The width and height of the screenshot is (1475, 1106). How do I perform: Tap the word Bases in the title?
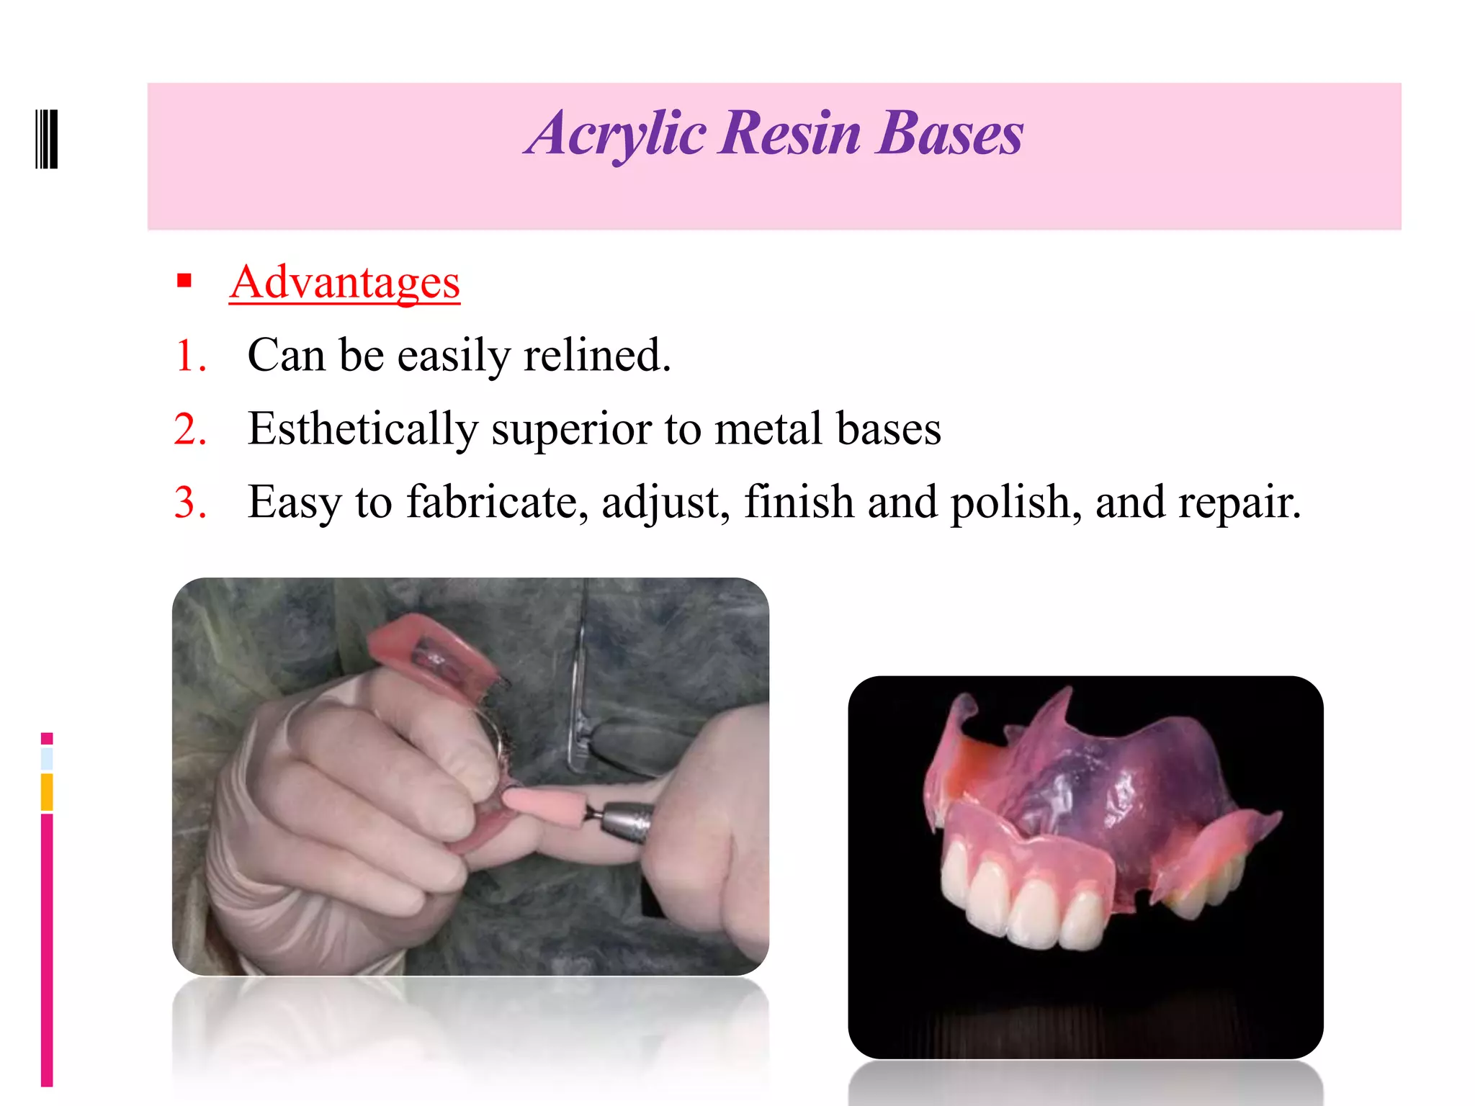pos(950,135)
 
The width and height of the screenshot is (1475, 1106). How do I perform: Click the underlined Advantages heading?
pos(344,282)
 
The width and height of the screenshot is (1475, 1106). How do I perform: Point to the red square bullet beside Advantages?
pos(184,281)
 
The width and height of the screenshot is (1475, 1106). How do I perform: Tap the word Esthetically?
pos(362,429)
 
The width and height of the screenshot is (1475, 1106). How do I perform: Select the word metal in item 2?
pos(768,429)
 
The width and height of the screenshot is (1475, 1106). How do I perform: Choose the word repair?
pos(1239,503)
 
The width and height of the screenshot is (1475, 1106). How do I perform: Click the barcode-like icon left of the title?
pos(46,139)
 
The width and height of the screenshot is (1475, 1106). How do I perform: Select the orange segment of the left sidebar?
pos(47,792)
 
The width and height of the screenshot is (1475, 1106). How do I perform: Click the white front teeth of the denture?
pos(1030,904)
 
